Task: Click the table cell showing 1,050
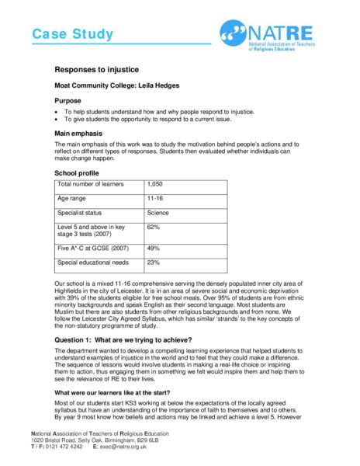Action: coord(156,185)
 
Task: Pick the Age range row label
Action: coord(74,199)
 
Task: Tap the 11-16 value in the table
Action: coord(155,199)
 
